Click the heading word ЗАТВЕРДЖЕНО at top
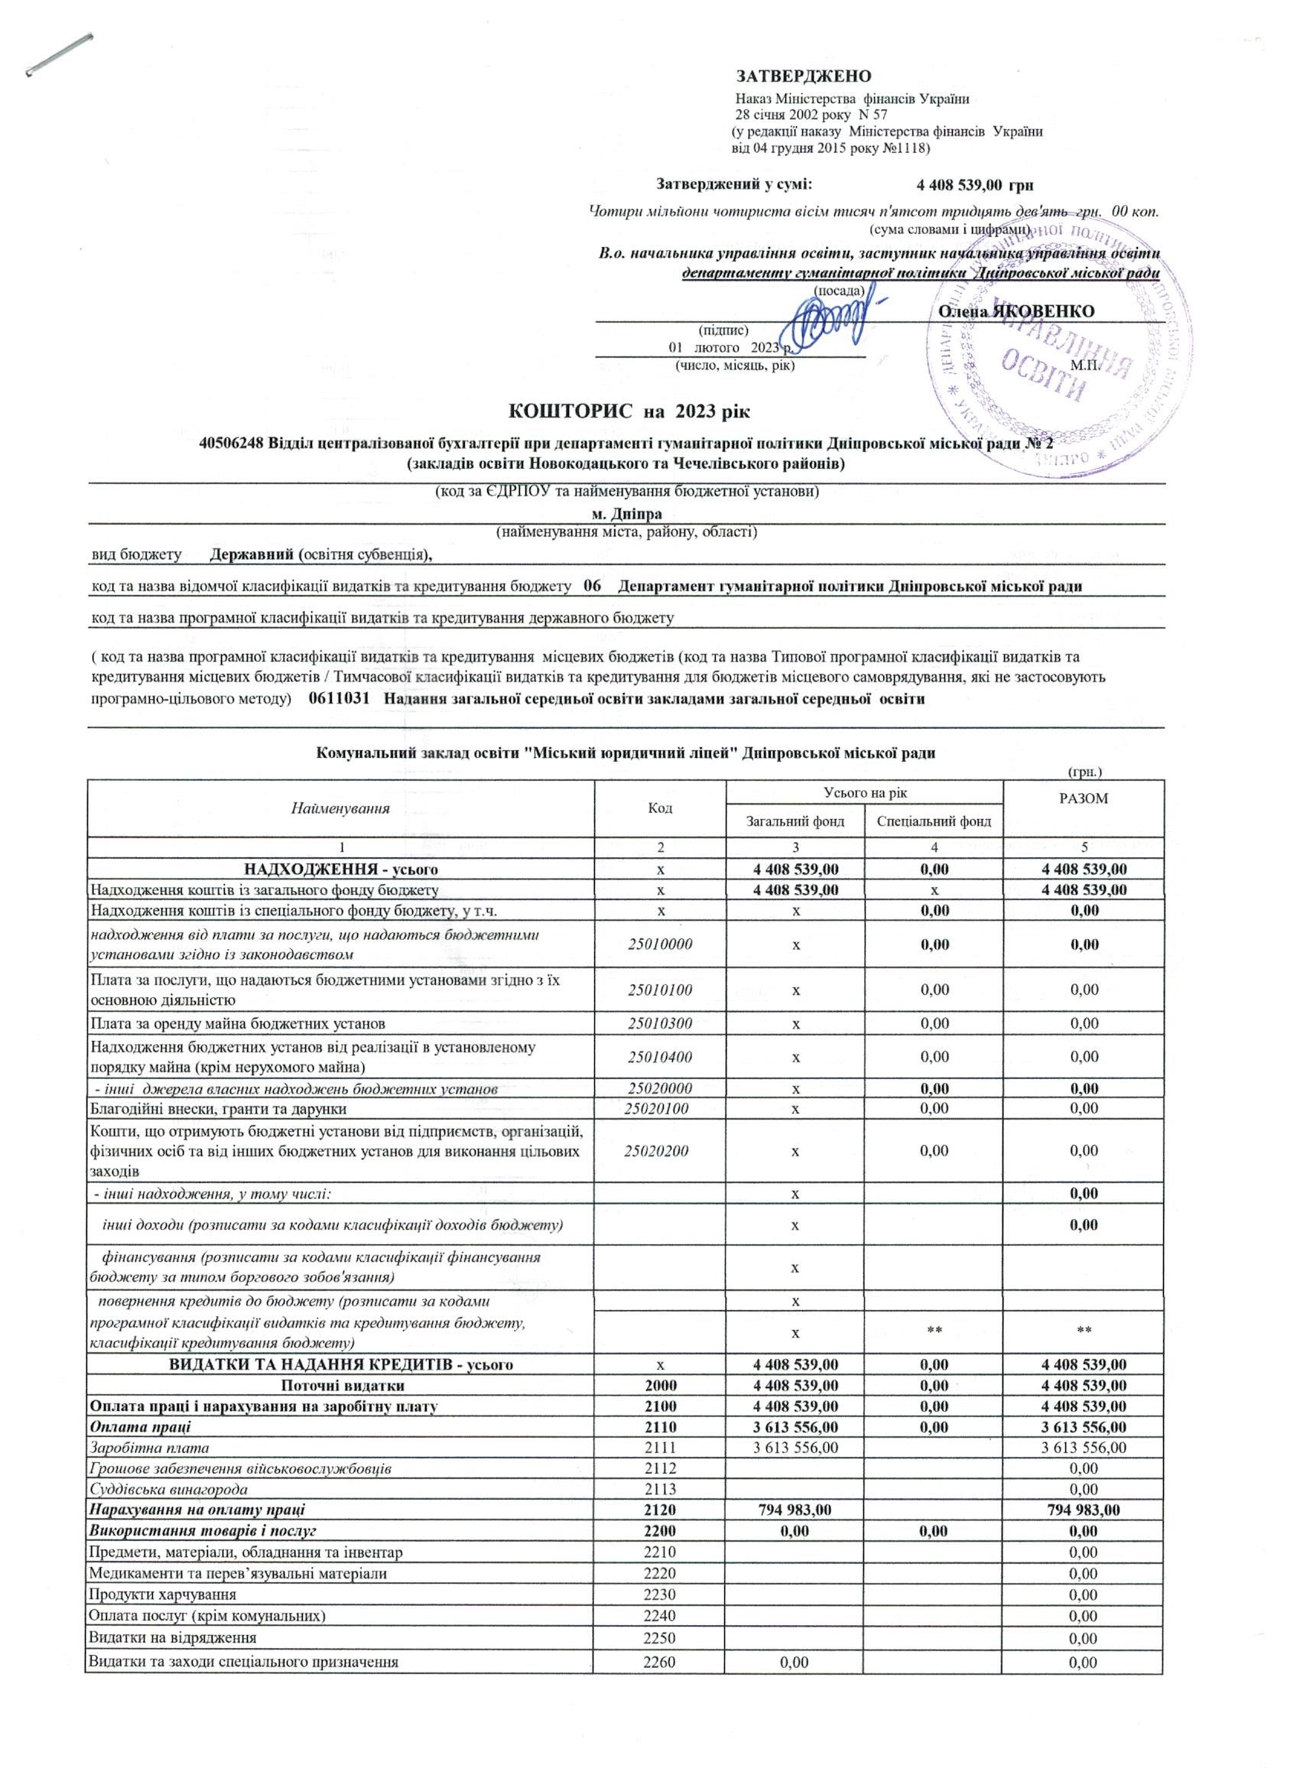click(804, 76)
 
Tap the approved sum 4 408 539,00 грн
click(973, 185)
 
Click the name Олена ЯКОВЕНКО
click(1016, 311)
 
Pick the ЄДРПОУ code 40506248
click(232, 444)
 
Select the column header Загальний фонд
click(795, 821)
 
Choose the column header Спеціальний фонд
click(934, 821)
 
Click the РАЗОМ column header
click(1084, 799)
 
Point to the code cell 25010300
click(660, 1024)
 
